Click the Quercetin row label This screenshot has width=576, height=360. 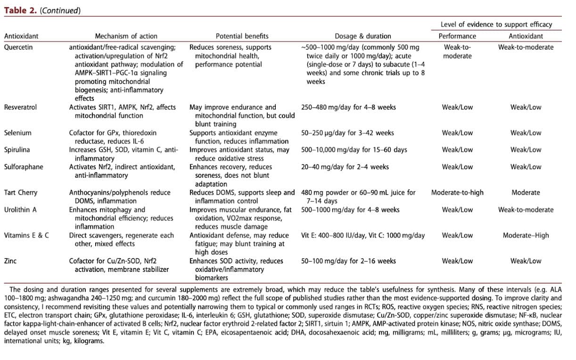tap(18, 47)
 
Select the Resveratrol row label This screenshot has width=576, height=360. tap(20, 107)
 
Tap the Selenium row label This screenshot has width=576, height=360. tap(17, 133)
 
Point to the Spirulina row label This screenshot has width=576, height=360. tap(17, 150)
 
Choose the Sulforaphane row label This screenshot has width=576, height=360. tap(23, 167)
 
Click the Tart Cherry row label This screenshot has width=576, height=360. tap(21, 192)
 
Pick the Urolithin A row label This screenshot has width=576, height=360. tap(20, 210)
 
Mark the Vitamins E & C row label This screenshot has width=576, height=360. tap(26, 235)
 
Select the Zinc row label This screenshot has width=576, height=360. tap(10, 261)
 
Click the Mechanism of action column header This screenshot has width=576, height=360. tap(126, 36)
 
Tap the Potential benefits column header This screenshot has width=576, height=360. tap(242, 36)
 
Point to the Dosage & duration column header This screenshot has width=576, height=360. tap(362, 36)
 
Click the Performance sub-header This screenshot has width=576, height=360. tap(457, 36)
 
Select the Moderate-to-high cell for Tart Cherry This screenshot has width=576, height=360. tap(457, 192)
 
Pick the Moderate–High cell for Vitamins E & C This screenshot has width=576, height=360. tap(526, 235)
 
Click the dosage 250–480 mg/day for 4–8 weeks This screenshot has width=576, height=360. tap(348, 107)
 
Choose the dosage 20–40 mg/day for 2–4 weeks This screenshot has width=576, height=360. tap(345, 167)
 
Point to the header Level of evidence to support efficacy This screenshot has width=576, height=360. tap(496, 25)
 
